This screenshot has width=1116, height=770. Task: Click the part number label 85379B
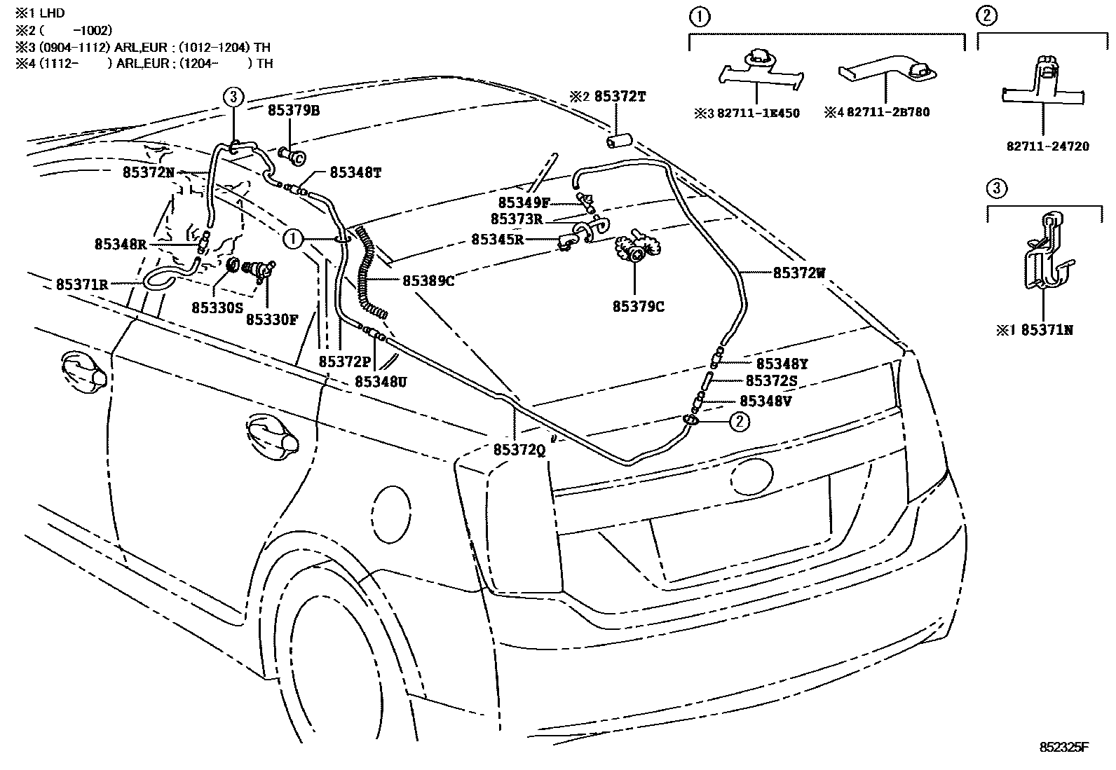(293, 111)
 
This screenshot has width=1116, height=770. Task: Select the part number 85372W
(800, 273)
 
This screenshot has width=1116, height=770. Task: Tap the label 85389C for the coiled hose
(428, 281)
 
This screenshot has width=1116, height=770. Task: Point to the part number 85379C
(638, 306)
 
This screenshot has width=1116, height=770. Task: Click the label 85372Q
(519, 451)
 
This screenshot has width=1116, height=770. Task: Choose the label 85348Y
(782, 364)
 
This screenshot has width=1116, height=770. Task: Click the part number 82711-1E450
(758, 113)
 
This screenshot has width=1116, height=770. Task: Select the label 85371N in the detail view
(1047, 330)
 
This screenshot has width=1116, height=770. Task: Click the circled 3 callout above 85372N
(233, 97)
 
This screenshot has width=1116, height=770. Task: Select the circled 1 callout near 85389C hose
(292, 239)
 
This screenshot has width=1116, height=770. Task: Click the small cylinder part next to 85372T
(618, 142)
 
